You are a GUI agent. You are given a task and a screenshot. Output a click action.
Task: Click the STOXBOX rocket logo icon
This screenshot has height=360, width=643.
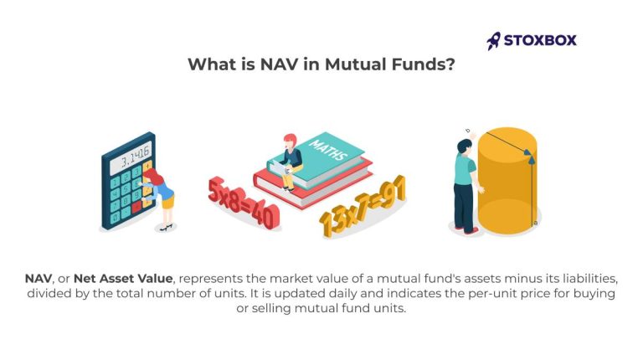pyautogui.click(x=494, y=39)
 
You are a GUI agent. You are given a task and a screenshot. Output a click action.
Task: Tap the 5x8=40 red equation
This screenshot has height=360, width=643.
pyautogui.click(x=244, y=202)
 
